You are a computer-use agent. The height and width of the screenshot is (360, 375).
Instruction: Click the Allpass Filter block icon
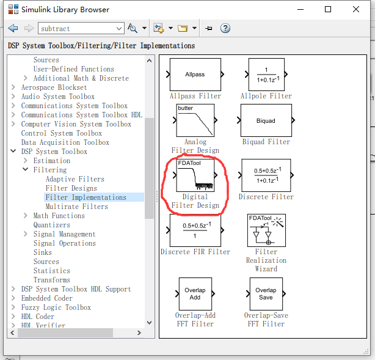pos(195,74)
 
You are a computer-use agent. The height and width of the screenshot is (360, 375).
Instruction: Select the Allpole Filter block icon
pos(266,74)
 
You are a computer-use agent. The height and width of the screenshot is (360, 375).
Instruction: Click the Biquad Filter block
pos(266,120)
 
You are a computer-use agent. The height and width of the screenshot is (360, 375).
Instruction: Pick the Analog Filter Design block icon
pos(195,120)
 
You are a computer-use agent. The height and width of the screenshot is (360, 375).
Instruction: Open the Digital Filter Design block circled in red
pos(195,175)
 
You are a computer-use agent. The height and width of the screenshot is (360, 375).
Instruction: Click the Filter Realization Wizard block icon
pos(266,230)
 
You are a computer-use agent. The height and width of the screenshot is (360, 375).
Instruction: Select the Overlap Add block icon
pos(195,293)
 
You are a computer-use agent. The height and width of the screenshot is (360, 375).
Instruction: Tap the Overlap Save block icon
pos(266,293)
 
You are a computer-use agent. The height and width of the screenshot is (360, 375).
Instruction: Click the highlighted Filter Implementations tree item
pos(86,197)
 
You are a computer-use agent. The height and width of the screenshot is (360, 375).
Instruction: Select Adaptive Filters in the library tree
pos(75,179)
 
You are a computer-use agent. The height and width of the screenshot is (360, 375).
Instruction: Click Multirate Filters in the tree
pos(76,207)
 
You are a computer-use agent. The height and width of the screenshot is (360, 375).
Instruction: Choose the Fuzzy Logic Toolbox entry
pos(56,307)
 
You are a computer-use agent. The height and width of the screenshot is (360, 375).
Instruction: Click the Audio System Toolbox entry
pos(57,97)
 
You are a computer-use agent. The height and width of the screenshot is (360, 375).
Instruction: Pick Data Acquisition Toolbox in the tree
pos(65,142)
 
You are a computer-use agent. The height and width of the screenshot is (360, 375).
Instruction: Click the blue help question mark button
pos(225,28)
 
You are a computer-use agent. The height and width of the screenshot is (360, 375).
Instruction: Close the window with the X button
pos(356,9)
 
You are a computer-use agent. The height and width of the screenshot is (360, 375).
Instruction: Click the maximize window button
pos(328,9)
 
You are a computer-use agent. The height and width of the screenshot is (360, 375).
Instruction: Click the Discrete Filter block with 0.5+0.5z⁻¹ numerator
pos(266,175)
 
